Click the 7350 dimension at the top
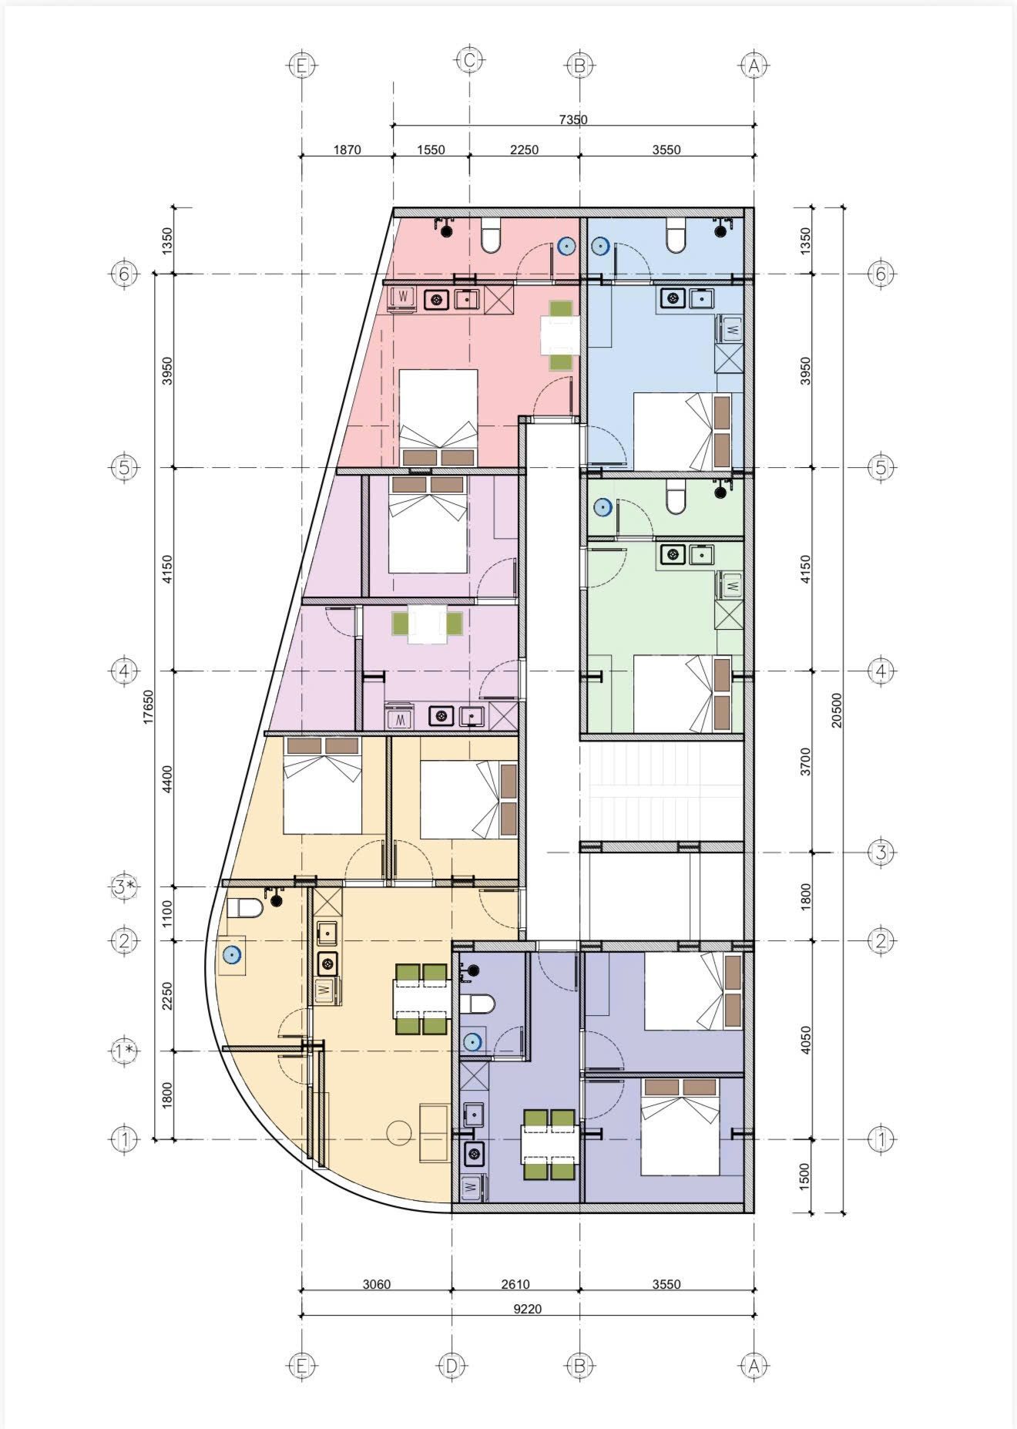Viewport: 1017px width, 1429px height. [x=573, y=119]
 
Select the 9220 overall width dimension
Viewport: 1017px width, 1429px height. [x=528, y=1309]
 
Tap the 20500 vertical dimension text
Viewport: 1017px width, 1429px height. [x=837, y=710]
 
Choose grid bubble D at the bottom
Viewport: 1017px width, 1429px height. [x=451, y=1367]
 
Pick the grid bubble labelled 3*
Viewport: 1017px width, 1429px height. [x=125, y=887]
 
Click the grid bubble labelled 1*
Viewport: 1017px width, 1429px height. [x=125, y=1051]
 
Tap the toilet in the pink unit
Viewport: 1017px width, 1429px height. [x=491, y=235]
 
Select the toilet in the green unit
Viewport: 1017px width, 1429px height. [x=676, y=496]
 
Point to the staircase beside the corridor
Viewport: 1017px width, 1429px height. [x=661, y=792]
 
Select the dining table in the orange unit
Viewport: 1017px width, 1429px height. [x=421, y=999]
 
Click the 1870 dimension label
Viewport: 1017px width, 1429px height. [x=347, y=150]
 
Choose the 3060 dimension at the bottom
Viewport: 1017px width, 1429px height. [x=377, y=1284]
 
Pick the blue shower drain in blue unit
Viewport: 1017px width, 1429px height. [x=601, y=247]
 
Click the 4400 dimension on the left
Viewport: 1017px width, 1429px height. [x=168, y=779]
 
